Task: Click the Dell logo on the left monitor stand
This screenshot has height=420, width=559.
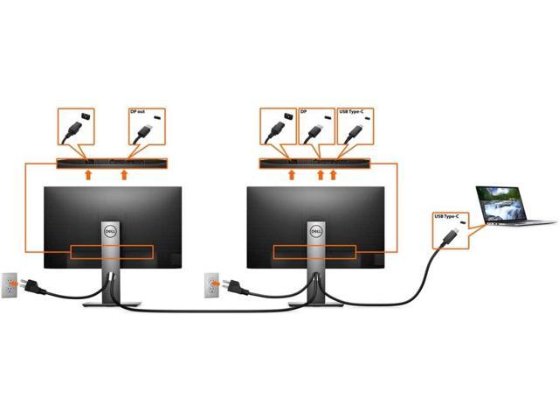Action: [x=110, y=226]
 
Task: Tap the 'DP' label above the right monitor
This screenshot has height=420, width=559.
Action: [x=305, y=113]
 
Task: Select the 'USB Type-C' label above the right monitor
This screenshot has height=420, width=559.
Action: [x=351, y=113]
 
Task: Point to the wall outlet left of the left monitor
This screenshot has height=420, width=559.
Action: [x=10, y=283]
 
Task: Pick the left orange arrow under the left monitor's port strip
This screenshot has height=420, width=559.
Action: [x=86, y=176]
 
